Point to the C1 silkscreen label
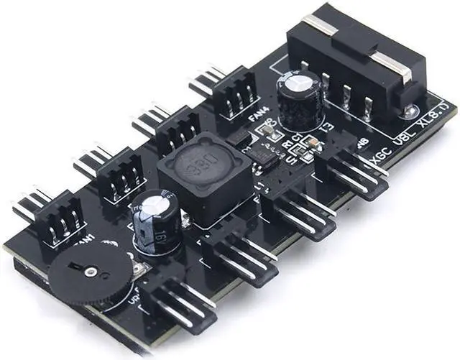click(x=296, y=137)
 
